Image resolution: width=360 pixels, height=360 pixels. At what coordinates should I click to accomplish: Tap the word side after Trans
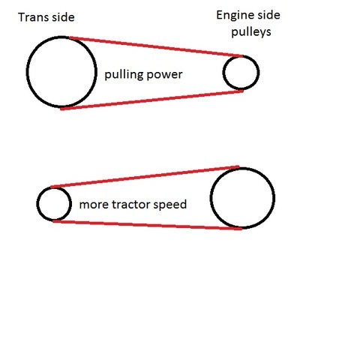(64, 17)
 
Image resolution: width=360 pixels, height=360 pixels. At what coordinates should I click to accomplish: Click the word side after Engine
(269, 15)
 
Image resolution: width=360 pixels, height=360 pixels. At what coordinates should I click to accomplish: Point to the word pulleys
(251, 32)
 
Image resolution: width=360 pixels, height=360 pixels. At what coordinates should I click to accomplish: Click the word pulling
(122, 75)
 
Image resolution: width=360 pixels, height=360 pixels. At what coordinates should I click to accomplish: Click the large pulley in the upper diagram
(27, 72)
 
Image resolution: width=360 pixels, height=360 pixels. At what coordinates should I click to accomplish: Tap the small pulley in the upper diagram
(223, 73)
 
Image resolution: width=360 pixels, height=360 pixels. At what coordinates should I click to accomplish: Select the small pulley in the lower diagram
(37, 204)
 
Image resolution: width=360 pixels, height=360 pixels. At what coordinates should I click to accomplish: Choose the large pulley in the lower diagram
(211, 198)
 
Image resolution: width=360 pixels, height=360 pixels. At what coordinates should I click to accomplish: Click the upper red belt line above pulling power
(156, 47)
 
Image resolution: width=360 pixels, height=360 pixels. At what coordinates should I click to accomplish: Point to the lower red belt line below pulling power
(151, 100)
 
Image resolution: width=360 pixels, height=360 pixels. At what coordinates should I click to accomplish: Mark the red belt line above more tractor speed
(145, 177)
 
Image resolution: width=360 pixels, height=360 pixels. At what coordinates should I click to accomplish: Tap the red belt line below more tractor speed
(148, 225)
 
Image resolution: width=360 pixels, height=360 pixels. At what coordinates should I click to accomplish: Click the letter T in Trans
(22, 17)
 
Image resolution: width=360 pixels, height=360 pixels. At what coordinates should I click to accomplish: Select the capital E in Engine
(219, 15)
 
